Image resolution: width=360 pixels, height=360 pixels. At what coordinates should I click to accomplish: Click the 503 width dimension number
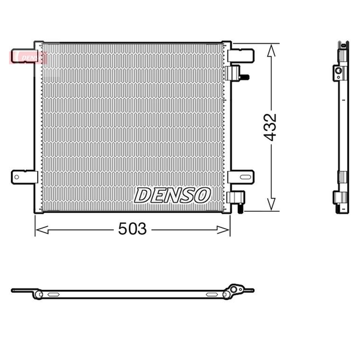point(132,229)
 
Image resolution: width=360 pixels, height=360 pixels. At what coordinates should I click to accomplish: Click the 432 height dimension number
point(270,127)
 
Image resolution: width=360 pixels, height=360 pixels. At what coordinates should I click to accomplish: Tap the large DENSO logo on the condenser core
point(172,195)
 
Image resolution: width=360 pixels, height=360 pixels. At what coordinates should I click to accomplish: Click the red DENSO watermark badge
point(28,58)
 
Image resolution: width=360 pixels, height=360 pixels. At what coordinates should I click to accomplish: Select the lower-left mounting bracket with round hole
point(25,177)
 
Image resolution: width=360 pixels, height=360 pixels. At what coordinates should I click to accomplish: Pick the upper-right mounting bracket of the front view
point(241,56)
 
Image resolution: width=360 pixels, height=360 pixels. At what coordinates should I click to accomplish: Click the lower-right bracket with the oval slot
point(241,177)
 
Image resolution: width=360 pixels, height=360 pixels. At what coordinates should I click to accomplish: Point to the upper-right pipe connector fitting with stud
point(236,73)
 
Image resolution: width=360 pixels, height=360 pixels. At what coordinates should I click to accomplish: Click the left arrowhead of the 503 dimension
point(42,230)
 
